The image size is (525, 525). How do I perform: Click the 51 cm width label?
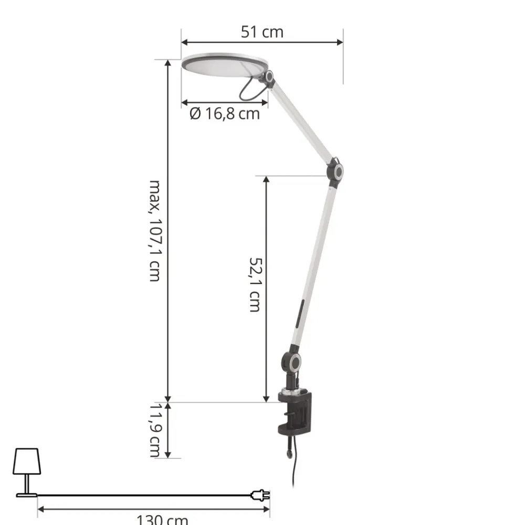(262, 32)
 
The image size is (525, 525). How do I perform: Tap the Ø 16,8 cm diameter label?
(225, 113)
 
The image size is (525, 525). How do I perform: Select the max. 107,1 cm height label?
(154, 230)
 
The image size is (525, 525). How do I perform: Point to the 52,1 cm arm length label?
(255, 284)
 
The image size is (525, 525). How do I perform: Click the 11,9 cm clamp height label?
(154, 429)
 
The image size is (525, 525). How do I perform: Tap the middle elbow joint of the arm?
(335, 172)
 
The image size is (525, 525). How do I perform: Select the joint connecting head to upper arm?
(268, 78)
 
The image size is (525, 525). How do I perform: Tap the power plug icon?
(261, 495)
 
